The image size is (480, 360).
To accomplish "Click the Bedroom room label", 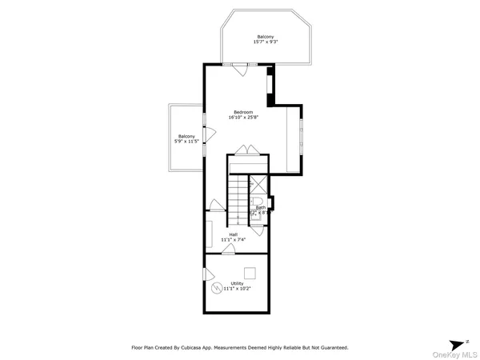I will pyautogui.click(x=243, y=111).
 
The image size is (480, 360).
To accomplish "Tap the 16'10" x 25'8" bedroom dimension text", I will pyautogui.click(x=243, y=118).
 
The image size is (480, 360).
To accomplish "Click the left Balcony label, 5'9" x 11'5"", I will pyautogui.click(x=186, y=137).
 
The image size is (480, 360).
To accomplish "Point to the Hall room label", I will pyautogui.click(x=233, y=234).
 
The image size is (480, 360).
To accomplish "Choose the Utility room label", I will pyautogui.click(x=237, y=283).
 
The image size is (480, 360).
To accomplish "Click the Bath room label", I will pyautogui.click(x=261, y=207).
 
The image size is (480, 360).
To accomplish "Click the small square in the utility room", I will pyautogui.click(x=250, y=271).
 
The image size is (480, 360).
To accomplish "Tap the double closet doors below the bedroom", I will pyautogui.click(x=246, y=150).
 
